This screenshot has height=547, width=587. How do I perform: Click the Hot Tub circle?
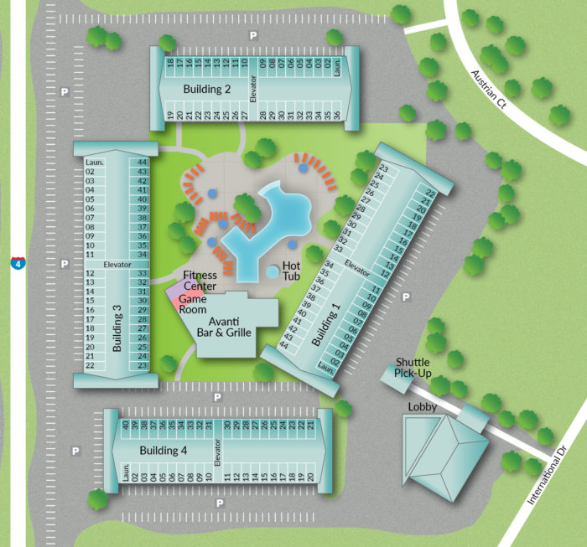click(273, 272)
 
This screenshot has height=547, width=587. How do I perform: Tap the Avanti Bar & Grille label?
click(224, 326)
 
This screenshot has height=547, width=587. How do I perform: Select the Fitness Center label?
click(200, 281)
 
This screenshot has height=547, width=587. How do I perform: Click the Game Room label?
click(193, 303)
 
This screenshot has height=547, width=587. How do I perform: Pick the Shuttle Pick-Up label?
click(413, 368)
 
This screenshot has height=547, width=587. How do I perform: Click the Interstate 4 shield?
click(18, 263)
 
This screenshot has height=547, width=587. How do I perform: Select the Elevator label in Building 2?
click(251, 88)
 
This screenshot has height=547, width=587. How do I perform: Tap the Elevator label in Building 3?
click(117, 265)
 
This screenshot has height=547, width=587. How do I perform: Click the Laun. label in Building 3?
click(94, 162)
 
